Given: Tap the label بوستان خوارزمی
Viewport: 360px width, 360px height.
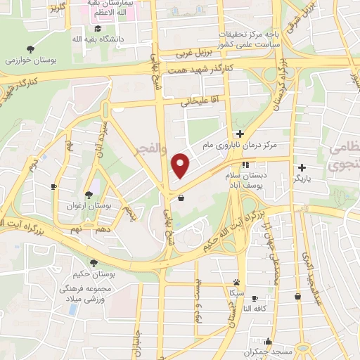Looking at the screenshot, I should tap(30, 61).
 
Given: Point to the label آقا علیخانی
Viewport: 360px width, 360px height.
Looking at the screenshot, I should tap(196, 101).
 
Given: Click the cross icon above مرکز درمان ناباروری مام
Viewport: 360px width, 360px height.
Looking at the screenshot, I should tap(240, 134).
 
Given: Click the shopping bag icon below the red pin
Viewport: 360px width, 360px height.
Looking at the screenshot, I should tap(181, 198).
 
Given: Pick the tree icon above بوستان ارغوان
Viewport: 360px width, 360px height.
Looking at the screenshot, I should tap(89, 194).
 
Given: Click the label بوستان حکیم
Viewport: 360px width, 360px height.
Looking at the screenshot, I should tap(96, 276).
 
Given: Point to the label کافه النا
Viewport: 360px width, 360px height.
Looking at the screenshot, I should tap(257, 309).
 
